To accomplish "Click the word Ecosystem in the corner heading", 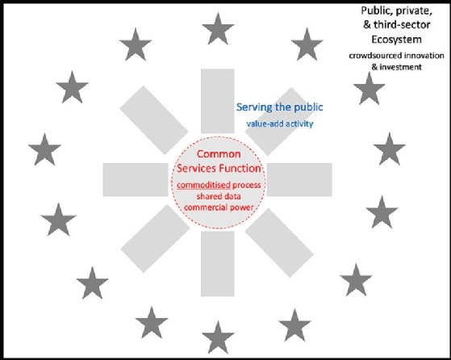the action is point(397,40).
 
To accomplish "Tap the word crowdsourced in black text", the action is point(372,55).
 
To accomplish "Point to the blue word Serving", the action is point(254,107).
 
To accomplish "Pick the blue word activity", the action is point(298,123).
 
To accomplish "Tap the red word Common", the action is point(219,154).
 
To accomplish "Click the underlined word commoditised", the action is point(203,185).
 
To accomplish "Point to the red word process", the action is point(247,185).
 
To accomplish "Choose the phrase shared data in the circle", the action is point(219,196).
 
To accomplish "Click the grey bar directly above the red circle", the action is point(218,101).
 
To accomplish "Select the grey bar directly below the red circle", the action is point(218,264).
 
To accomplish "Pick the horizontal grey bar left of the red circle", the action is point(136,180).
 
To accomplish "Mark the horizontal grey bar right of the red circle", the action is point(299,180).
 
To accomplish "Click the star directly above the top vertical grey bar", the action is point(218,29).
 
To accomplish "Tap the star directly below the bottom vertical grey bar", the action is point(218,337).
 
